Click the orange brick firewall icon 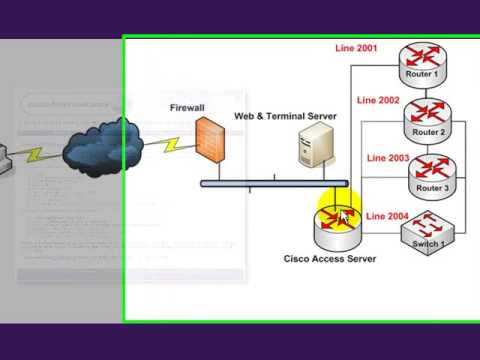(x=210, y=143)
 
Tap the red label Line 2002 (x=377, y=101)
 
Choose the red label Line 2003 (x=388, y=158)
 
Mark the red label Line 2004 (x=387, y=215)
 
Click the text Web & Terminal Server (x=285, y=117)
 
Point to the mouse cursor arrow (x=344, y=215)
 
